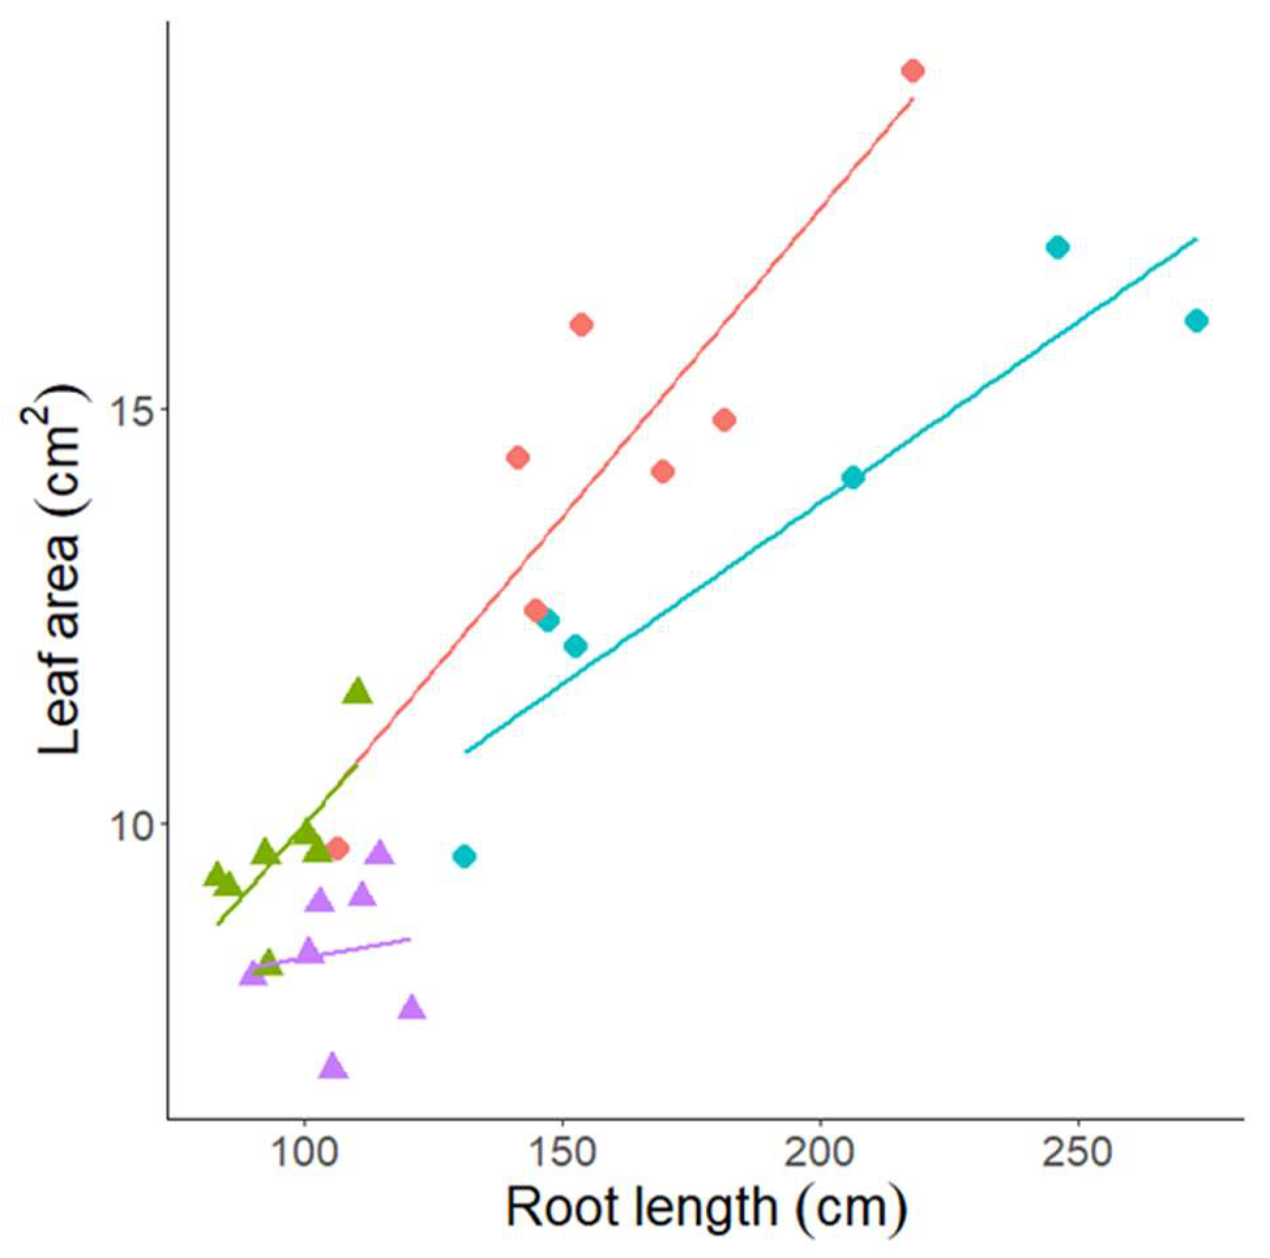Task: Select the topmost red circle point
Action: pyautogui.click(x=912, y=70)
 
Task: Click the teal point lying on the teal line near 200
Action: pyautogui.click(x=852, y=478)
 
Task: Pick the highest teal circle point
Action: pyautogui.click(x=1058, y=248)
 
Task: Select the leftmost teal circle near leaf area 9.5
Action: pyautogui.click(x=465, y=857)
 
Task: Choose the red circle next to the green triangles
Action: pyautogui.click(x=337, y=848)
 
